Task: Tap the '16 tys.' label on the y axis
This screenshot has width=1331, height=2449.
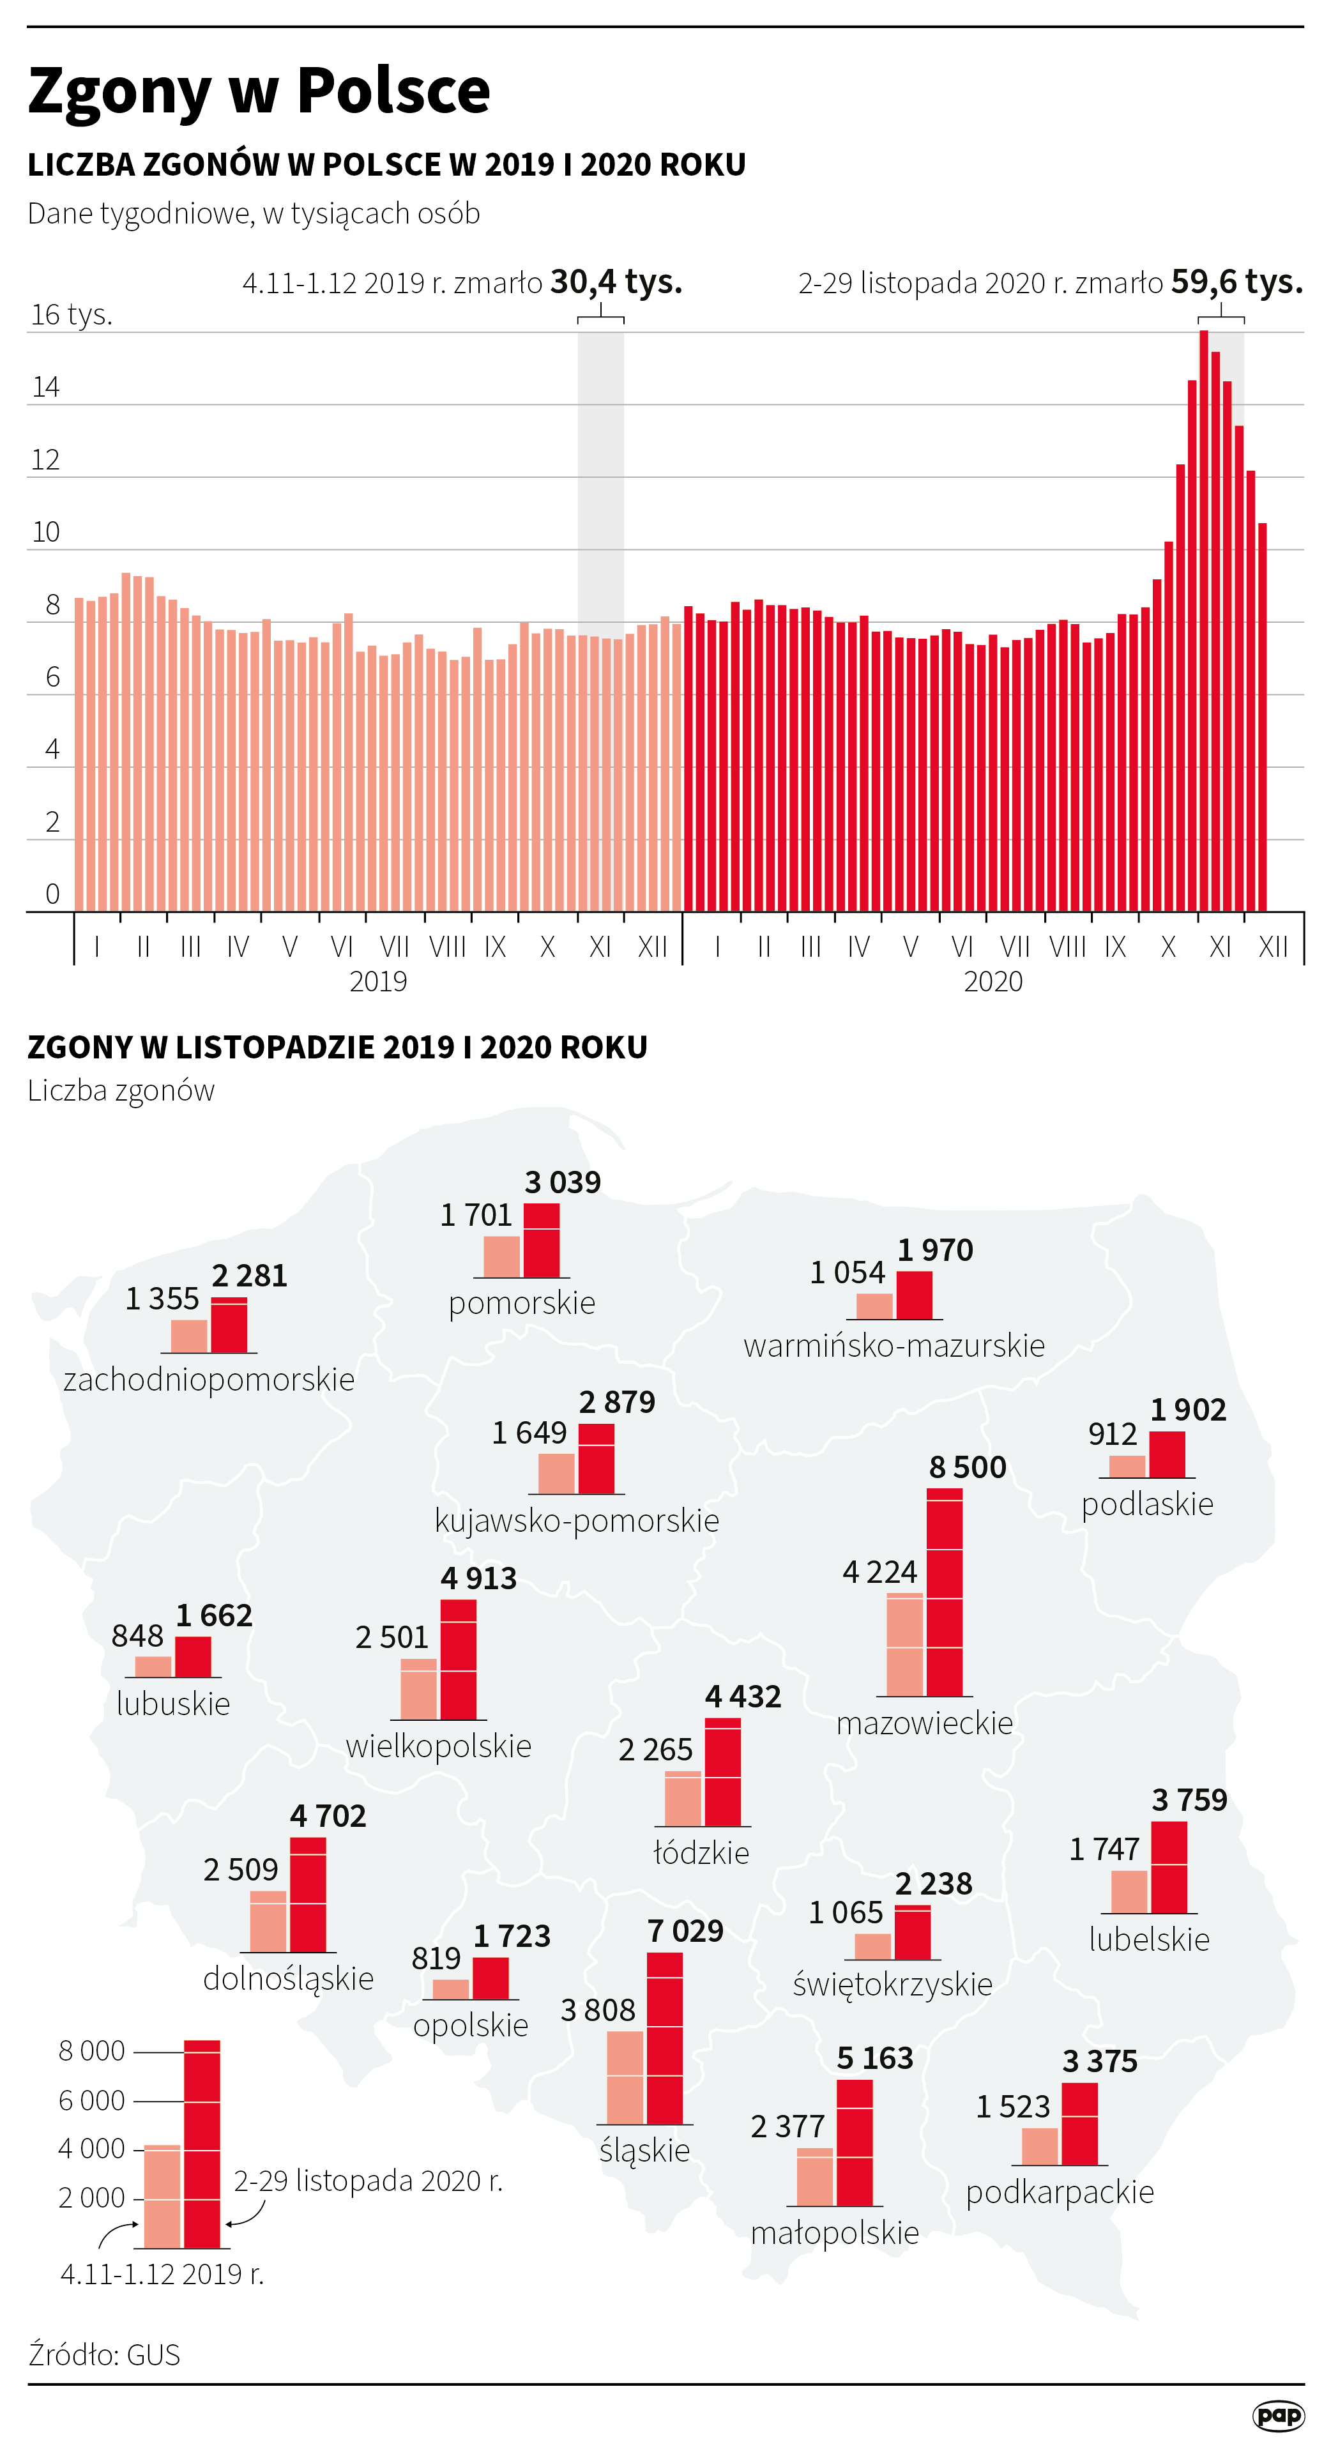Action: (x=72, y=315)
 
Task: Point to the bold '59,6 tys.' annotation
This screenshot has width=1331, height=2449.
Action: (x=1236, y=282)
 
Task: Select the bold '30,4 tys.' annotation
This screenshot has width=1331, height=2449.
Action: (x=616, y=282)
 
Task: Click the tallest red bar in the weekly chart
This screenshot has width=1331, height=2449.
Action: (x=1204, y=618)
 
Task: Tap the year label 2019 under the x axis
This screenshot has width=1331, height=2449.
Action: (x=377, y=981)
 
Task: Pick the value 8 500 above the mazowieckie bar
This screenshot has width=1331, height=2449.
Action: (x=967, y=1467)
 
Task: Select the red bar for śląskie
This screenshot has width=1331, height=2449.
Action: (x=665, y=2038)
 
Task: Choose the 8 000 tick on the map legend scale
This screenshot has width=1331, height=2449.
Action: (x=91, y=2050)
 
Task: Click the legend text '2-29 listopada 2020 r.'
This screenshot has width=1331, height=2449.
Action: (x=368, y=2180)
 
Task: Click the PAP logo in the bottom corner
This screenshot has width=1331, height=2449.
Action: (x=1279, y=2416)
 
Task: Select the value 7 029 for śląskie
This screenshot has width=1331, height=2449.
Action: (x=685, y=1931)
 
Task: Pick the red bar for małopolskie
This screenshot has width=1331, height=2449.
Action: (x=855, y=2143)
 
